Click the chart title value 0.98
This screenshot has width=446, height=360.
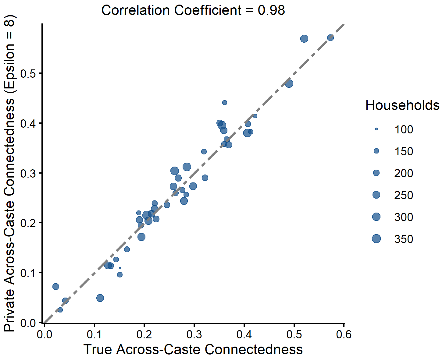[271, 10]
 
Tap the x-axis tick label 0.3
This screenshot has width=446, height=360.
[194, 334]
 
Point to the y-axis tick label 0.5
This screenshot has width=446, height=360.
[27, 73]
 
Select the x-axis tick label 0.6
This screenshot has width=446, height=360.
[344, 334]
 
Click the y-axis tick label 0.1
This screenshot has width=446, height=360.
[27, 273]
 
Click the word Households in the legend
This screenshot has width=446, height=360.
[402, 105]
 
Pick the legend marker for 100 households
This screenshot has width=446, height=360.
[376, 129]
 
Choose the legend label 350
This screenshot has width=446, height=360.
[404, 239]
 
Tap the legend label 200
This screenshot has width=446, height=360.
[404, 173]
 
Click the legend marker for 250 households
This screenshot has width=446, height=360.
[376, 195]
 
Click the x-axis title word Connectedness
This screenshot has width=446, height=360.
[254, 350]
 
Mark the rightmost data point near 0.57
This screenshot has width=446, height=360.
[330, 38]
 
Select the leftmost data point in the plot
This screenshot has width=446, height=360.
[56, 287]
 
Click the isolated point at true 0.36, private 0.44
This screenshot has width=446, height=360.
[225, 103]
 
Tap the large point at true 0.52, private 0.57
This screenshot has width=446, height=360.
[304, 39]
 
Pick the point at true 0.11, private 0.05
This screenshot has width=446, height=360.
[100, 298]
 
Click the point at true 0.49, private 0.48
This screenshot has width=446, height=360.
[289, 83]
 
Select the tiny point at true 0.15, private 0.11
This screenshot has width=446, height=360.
[120, 268]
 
